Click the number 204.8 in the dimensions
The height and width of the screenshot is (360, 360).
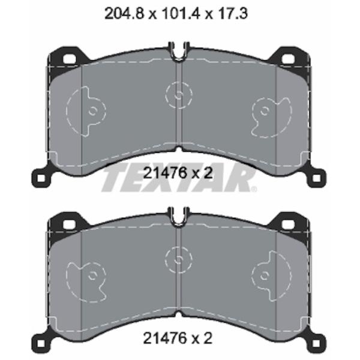[x=124, y=14]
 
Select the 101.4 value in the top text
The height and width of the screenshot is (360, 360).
[x=181, y=14]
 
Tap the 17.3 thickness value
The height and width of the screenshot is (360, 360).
[x=232, y=14]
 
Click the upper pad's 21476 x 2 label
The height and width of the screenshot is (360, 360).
[x=178, y=173]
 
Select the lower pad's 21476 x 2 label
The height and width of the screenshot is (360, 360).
[x=178, y=338]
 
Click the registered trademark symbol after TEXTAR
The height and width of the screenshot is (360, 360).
[x=254, y=189]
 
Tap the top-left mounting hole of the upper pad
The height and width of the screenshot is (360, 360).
[x=70, y=59]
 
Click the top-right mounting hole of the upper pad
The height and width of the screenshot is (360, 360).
[x=288, y=59]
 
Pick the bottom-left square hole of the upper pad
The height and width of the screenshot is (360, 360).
[x=41, y=178]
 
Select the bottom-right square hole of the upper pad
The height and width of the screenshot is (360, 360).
[x=316, y=178]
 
